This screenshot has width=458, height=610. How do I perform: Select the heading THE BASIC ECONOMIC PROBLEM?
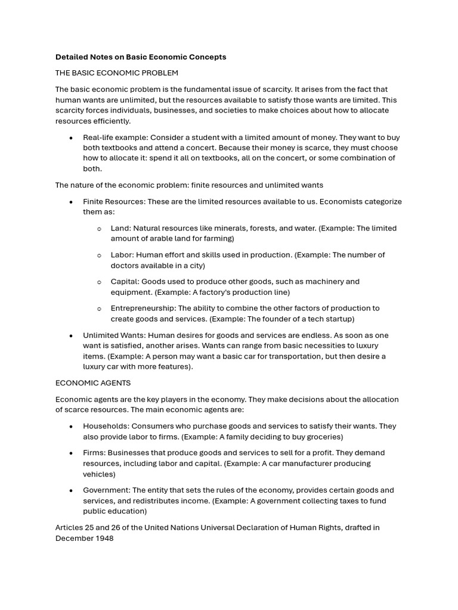pyautogui.click(x=116, y=73)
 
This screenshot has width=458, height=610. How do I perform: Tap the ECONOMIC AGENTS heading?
pyautogui.click(x=92, y=383)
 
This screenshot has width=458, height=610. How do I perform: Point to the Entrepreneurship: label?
pyautogui.click(x=143, y=309)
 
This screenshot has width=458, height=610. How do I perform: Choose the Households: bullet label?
pyautogui.click(x=106, y=427)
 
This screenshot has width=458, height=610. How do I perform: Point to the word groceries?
pyautogui.click(x=324, y=437)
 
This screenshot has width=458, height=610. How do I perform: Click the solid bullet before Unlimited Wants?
pyautogui.click(x=71, y=336)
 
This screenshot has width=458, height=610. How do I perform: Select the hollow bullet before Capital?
pyautogui.click(x=99, y=282)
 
